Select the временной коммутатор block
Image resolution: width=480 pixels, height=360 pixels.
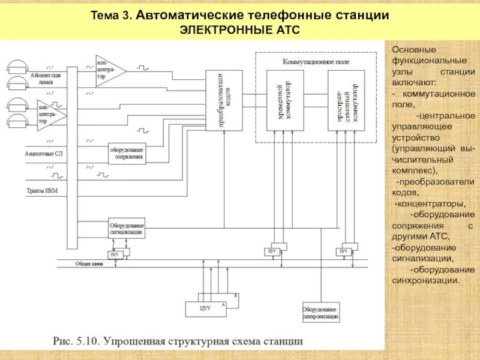[x=285, y=100]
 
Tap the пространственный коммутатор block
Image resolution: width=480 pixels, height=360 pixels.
[x=346, y=100]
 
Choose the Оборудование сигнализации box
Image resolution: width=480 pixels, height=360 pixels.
[x=126, y=227]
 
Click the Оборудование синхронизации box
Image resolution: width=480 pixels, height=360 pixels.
[x=321, y=313]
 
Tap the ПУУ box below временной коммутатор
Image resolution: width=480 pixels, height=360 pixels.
[x=273, y=250]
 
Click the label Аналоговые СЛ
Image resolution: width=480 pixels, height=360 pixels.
[x=43, y=154]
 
